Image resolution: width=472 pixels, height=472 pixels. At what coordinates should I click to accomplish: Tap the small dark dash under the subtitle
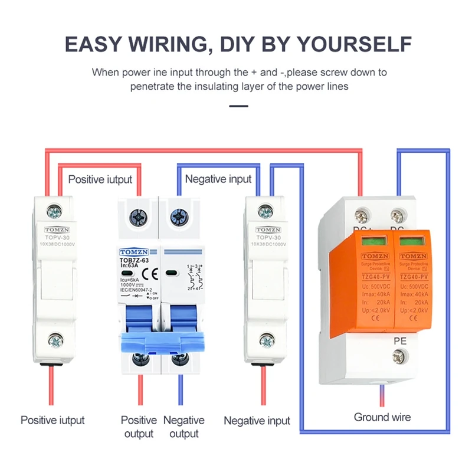point(238,106)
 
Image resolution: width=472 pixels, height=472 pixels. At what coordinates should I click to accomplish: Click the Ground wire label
point(382,417)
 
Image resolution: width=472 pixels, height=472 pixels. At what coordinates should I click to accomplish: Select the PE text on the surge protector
point(399,340)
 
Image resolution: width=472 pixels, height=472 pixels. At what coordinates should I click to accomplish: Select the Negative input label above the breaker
point(218,179)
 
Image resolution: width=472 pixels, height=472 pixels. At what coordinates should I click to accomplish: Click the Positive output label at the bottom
point(139,427)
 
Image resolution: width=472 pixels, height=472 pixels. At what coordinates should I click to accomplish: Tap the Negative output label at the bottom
point(183,427)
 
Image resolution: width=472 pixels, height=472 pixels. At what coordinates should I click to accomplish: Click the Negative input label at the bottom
point(257,421)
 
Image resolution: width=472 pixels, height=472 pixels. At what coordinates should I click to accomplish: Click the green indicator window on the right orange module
point(410,240)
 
